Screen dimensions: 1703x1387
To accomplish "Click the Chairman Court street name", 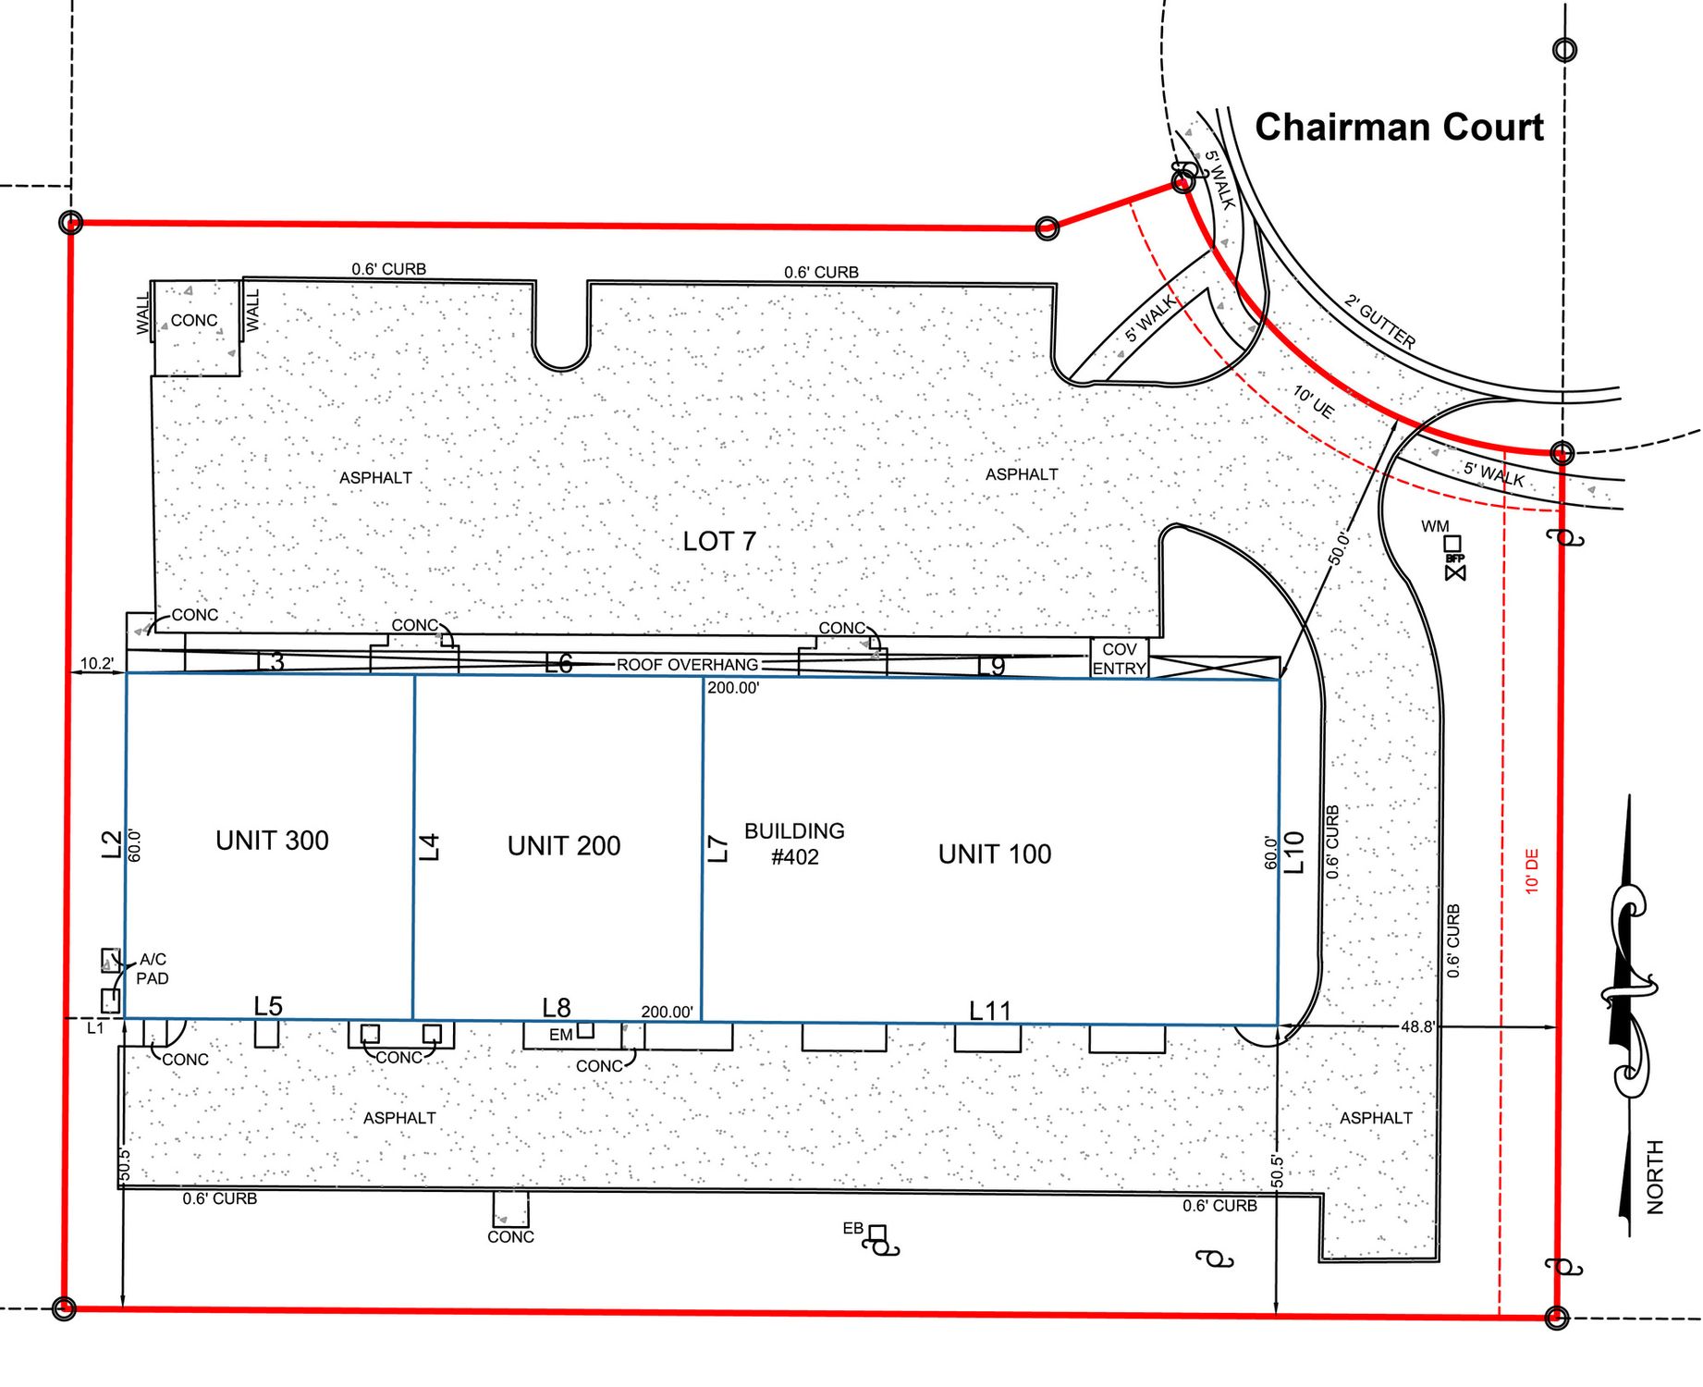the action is (x=1399, y=128).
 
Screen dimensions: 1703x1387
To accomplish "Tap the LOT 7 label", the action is (x=719, y=541).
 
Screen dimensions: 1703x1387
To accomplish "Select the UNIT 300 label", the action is (x=272, y=841).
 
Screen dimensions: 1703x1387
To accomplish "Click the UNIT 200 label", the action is (x=564, y=845).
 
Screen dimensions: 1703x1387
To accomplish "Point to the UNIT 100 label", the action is (x=995, y=854).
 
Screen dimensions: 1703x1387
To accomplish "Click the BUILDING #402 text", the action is (x=794, y=843).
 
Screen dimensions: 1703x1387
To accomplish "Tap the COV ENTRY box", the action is (x=1120, y=658).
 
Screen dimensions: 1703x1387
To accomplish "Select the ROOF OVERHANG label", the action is (x=687, y=665).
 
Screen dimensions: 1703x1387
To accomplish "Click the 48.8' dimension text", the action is (x=1417, y=1026).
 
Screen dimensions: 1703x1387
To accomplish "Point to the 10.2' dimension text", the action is (x=97, y=663).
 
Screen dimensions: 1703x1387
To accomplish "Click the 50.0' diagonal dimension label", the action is (x=1340, y=547).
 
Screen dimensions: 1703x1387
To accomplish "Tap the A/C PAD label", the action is (x=153, y=969).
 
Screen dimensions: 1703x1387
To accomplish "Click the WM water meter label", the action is (x=1435, y=526).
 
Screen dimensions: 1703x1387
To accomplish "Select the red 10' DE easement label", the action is (x=1532, y=871).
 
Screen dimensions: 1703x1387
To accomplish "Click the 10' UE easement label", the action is (x=1314, y=402).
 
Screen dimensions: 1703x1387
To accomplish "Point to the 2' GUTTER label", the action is (x=1379, y=322).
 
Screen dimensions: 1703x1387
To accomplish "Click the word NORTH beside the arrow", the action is (x=1655, y=1177).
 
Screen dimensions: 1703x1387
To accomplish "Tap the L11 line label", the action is (x=990, y=1012).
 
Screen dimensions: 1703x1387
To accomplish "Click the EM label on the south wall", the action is (x=560, y=1035).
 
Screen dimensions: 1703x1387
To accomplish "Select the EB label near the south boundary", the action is (x=852, y=1228).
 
